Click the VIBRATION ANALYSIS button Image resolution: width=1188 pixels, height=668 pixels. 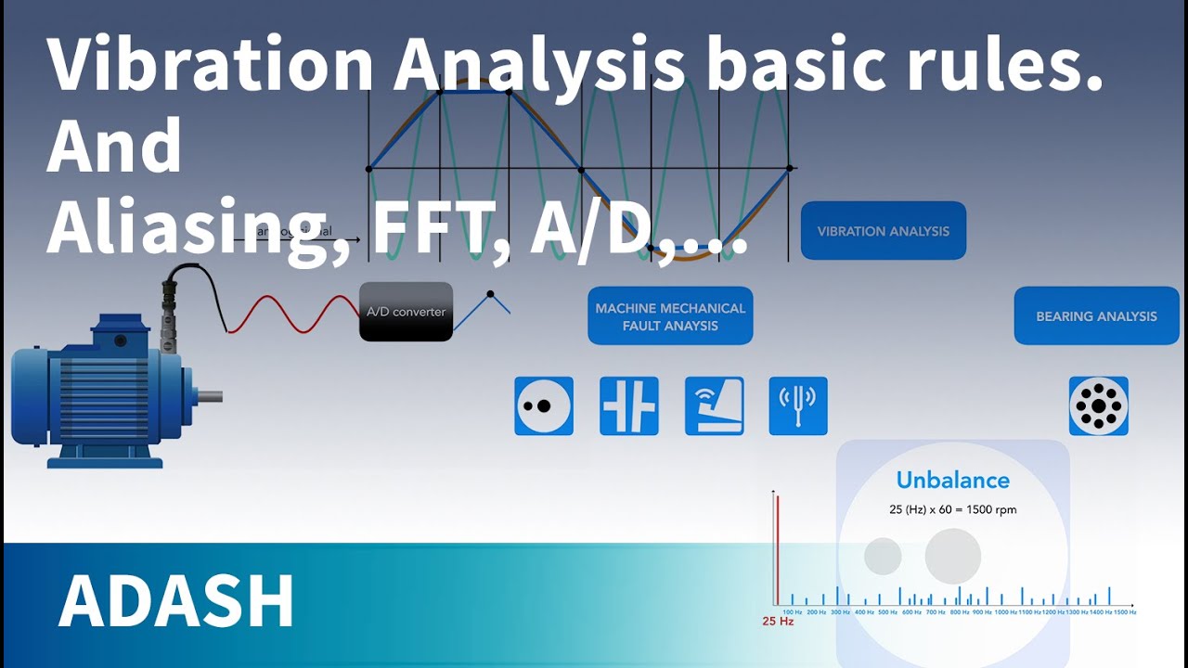tap(883, 231)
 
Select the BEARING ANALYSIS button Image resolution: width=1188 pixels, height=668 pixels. tap(1096, 316)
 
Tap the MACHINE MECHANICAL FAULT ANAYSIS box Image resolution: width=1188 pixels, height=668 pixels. tap(670, 316)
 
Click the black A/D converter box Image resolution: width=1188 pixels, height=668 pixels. tap(406, 312)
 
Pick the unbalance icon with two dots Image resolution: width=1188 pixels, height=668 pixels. tap(544, 406)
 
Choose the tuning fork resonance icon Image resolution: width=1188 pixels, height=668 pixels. tap(798, 406)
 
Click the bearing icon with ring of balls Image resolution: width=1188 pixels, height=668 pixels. tap(1099, 406)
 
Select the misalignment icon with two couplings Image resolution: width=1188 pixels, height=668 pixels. tap(628, 406)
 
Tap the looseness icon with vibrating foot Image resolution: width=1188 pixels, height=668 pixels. tap(714, 406)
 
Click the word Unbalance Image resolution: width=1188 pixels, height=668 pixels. tap(952, 480)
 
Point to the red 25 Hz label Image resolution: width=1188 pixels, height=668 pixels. tap(778, 621)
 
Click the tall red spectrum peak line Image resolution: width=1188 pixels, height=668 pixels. tap(778, 547)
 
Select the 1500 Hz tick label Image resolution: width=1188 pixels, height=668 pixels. tap(1124, 612)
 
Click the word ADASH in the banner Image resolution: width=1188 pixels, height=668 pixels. tap(176, 602)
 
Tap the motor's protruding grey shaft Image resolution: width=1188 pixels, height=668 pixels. tap(209, 397)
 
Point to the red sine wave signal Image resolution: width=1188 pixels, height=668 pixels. tap(292, 312)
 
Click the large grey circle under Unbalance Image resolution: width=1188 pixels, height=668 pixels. tap(952, 556)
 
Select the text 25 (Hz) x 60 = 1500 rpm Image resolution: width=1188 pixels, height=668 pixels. tap(952, 509)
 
